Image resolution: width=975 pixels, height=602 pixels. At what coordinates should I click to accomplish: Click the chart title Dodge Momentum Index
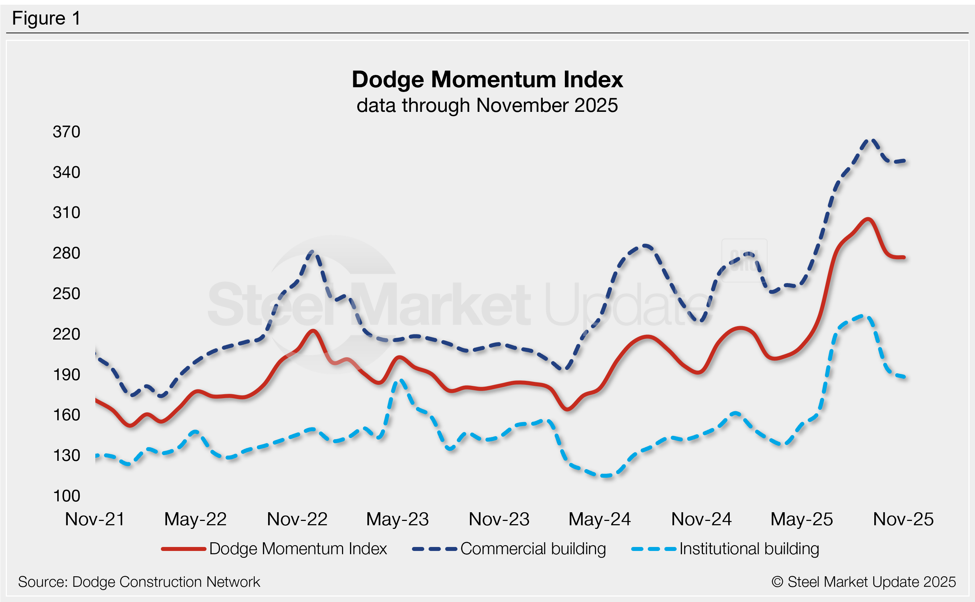point(487,79)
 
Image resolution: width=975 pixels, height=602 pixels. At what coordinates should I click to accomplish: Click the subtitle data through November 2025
point(487,105)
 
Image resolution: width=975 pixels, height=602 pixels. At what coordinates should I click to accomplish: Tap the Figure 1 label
point(46,18)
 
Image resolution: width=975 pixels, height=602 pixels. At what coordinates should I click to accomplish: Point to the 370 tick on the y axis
point(67,132)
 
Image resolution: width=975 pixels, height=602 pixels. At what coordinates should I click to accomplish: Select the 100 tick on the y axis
point(67,496)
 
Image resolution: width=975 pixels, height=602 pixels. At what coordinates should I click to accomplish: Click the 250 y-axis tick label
point(67,294)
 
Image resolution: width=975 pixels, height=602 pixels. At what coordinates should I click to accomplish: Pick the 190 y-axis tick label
point(67,375)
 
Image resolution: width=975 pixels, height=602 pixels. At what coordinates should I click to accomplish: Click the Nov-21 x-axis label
point(95,519)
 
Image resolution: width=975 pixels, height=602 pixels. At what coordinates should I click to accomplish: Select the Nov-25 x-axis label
point(903,519)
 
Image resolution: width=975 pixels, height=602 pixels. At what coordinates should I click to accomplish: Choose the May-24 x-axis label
point(599,519)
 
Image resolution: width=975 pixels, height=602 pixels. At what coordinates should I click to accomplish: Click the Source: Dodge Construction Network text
point(139,582)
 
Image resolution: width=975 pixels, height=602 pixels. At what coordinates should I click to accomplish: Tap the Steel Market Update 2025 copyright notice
point(863,582)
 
